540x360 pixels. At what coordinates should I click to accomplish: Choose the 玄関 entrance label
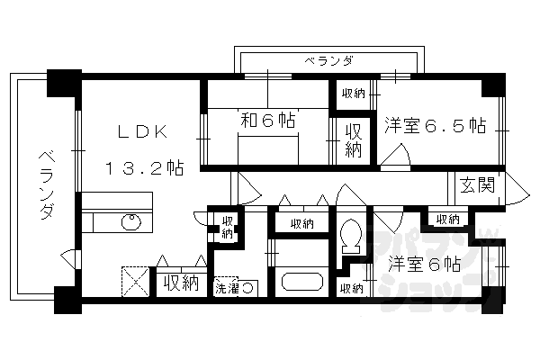(478, 186)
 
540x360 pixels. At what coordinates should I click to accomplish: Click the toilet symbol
(352, 236)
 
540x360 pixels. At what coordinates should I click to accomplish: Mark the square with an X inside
(135, 283)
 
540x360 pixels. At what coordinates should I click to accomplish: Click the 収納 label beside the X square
(180, 283)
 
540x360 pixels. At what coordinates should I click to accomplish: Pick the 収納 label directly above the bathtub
(301, 223)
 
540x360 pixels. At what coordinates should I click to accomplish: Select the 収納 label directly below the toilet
(352, 288)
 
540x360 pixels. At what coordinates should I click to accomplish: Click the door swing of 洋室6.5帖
(396, 160)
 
